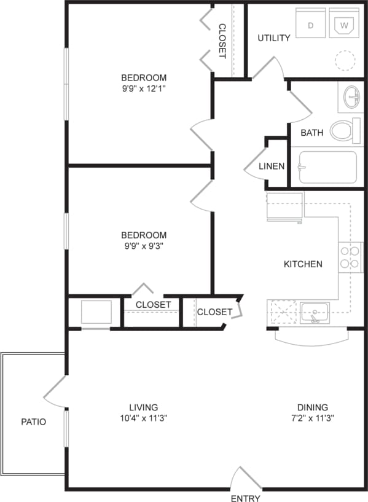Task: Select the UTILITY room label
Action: pyautogui.click(x=274, y=38)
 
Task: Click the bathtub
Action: pyautogui.click(x=327, y=167)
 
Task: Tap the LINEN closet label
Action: pyautogui.click(x=272, y=166)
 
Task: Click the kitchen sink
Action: pyautogui.click(x=315, y=312)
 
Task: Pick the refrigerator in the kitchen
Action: pyautogui.click(x=284, y=206)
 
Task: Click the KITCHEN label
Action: pyautogui.click(x=303, y=264)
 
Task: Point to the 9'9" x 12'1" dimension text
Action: pyautogui.click(x=144, y=88)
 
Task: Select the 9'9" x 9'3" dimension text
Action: pyautogui.click(x=144, y=246)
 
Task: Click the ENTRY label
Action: pyautogui.click(x=245, y=498)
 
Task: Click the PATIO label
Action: pyautogui.click(x=33, y=422)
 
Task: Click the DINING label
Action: pyautogui.click(x=313, y=407)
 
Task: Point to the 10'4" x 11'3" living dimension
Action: pyautogui.click(x=144, y=418)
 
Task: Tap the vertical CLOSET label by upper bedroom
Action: pyautogui.click(x=222, y=41)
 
